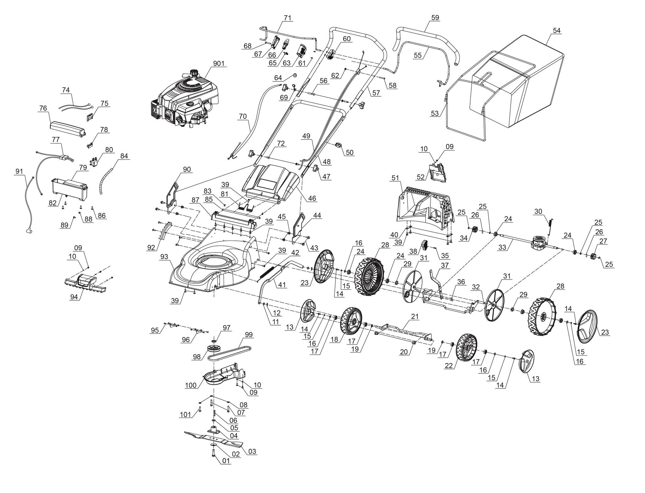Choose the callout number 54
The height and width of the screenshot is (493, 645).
pos(557,31)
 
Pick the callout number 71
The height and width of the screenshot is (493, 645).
pos(287,18)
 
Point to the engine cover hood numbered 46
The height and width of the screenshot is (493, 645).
pos(271,184)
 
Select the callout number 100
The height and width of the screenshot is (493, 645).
pos(191,385)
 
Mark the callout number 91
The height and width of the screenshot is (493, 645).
pos(19,172)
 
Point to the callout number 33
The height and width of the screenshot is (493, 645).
pos(502,247)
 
